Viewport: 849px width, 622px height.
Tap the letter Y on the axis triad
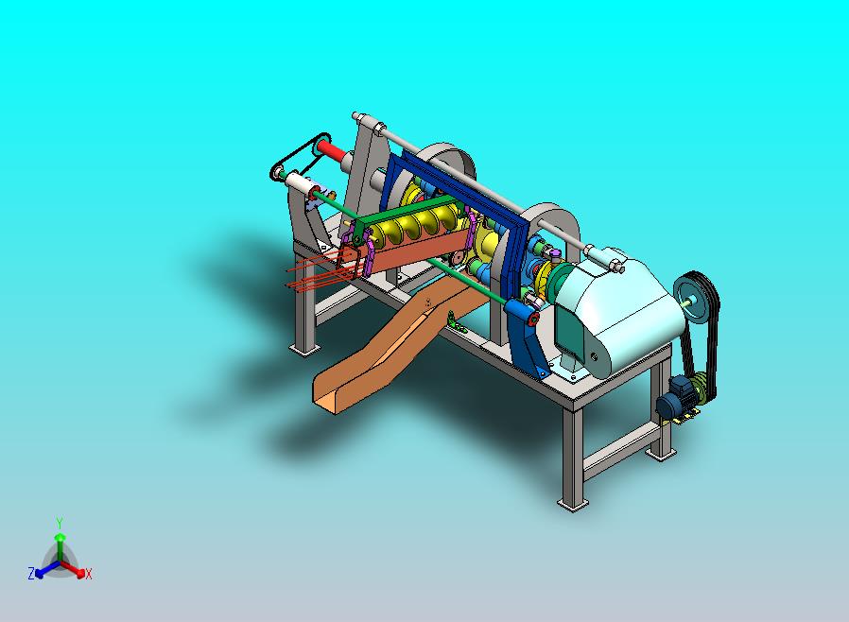click(61, 523)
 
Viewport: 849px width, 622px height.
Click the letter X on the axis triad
click(89, 574)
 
